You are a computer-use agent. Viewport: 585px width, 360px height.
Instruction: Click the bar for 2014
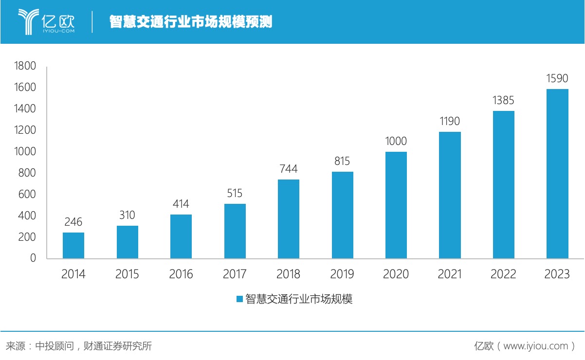tap(73, 245)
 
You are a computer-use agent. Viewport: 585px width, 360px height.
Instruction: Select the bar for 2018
tap(289, 219)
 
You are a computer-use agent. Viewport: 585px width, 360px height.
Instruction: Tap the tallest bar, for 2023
tap(557, 174)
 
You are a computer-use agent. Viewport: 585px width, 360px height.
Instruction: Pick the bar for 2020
tap(396, 205)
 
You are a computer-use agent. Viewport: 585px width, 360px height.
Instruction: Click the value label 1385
tap(503, 101)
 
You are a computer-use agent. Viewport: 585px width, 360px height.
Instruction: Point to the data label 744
tap(289, 169)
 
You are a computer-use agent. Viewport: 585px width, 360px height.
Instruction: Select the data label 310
tap(127, 215)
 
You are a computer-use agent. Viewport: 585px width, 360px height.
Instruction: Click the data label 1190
tap(450, 121)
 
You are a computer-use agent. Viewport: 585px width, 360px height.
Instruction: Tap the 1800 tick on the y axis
tap(25, 66)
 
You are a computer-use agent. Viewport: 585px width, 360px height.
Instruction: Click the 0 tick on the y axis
tap(33, 258)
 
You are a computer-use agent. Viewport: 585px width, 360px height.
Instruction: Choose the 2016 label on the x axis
tap(181, 274)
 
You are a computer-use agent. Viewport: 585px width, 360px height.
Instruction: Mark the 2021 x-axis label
tap(450, 274)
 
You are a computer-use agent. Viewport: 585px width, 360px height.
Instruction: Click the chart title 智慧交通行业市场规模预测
tap(191, 22)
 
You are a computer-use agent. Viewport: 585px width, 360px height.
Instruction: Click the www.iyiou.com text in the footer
tap(535, 346)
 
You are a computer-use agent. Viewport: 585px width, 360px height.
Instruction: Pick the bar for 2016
tap(181, 236)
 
